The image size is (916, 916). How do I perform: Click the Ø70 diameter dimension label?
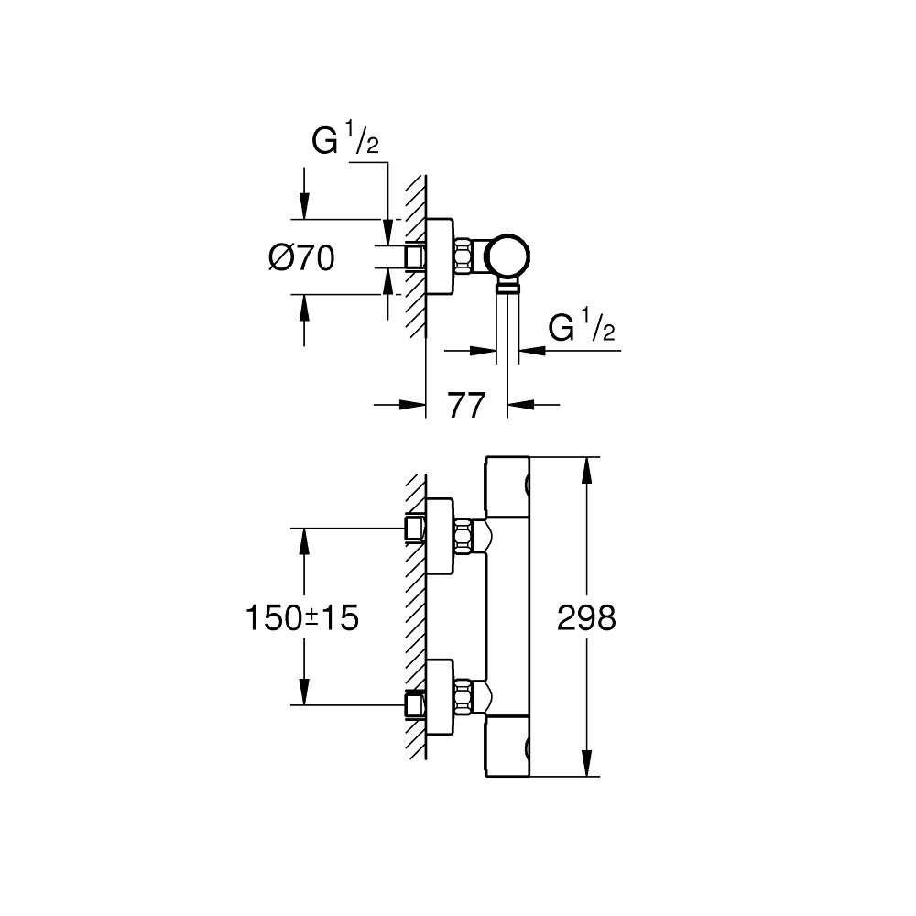tap(301, 258)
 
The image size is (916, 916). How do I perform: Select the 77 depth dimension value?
tap(466, 404)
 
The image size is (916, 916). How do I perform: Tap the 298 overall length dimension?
tap(587, 619)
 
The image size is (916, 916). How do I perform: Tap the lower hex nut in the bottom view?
tap(464, 698)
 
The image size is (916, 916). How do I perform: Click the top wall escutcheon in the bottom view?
tap(440, 536)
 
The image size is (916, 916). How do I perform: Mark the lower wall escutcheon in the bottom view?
tap(440, 698)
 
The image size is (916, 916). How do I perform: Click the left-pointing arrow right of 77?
tap(522, 404)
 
